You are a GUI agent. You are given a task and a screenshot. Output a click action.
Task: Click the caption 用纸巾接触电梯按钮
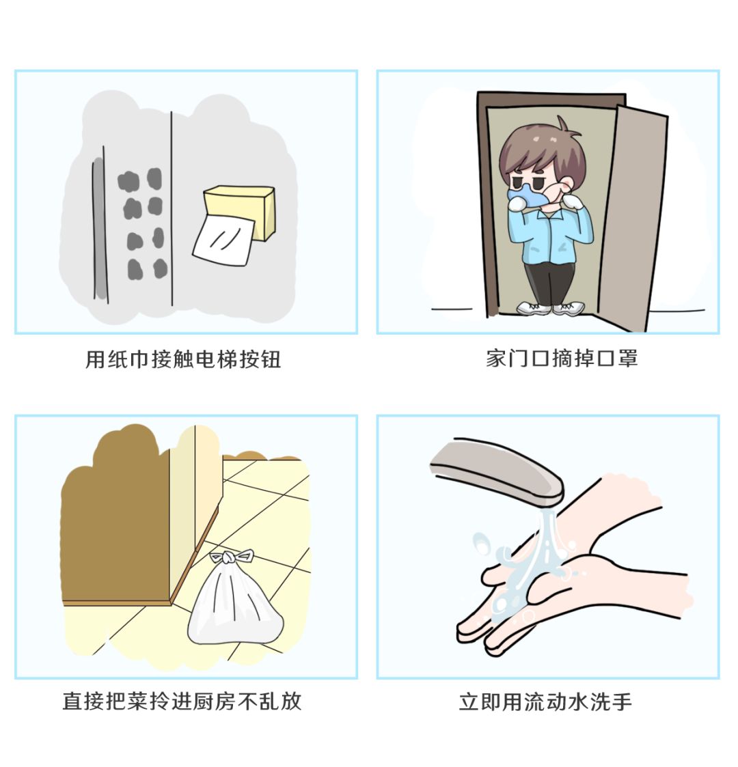pos(183,359)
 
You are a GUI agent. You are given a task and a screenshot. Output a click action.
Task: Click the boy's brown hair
pos(540,150)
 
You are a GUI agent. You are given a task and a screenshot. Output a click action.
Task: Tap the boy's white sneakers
pos(551,308)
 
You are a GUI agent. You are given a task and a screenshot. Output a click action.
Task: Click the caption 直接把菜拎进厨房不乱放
pos(182,701)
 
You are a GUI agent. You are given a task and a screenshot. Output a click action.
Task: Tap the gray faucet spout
pos(495,471)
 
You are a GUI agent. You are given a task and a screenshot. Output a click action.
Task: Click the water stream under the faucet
pos(543,540)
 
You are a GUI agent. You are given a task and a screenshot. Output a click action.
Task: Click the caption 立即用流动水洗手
pos(545,701)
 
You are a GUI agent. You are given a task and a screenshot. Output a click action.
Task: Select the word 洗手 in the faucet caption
pos(611,701)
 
